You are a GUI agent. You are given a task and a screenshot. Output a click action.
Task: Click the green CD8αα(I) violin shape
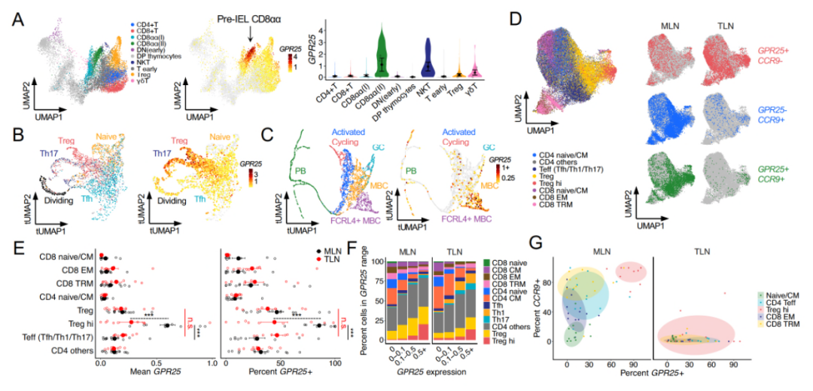pyautogui.click(x=384, y=49)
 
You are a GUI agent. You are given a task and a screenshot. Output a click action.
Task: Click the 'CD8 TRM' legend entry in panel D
pyautogui.click(x=569, y=204)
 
